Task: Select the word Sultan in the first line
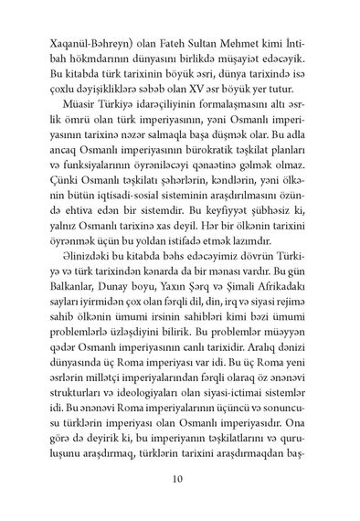(198, 43)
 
